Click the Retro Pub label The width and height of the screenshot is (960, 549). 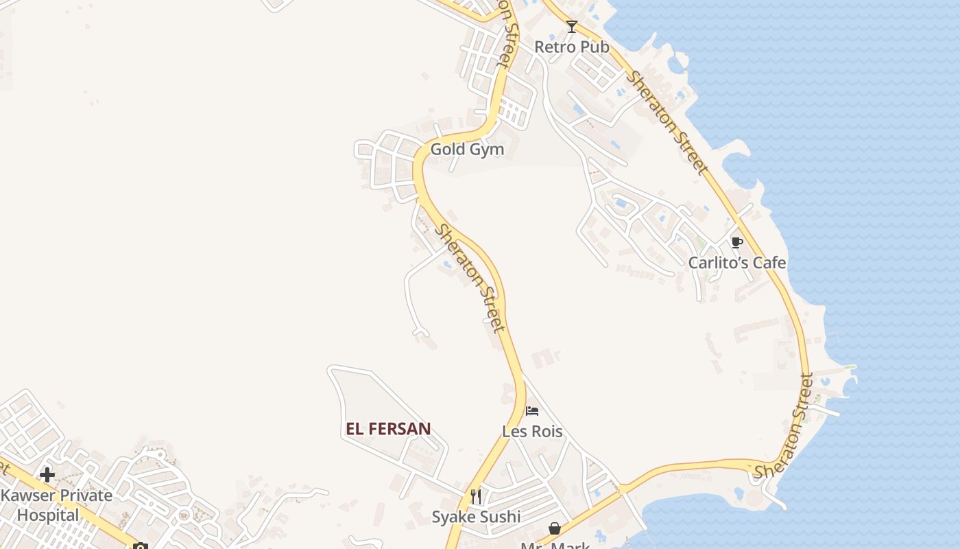571,47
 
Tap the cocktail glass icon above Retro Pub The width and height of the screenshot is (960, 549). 572,27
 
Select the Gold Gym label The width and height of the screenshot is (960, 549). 467,149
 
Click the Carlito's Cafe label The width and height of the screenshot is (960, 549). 737,263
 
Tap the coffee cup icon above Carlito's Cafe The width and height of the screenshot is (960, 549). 737,243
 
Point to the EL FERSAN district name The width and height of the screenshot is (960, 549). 388,430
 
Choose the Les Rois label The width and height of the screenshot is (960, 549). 532,432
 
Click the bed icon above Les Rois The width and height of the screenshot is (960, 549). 532,412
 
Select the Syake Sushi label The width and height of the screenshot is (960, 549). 476,517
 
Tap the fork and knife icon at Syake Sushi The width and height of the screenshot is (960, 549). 476,496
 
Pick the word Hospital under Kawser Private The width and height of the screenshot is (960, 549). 48,515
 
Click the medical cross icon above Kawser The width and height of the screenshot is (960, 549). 47,475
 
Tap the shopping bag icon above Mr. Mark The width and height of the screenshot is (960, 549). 555,528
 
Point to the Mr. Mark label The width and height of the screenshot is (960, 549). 555,545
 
